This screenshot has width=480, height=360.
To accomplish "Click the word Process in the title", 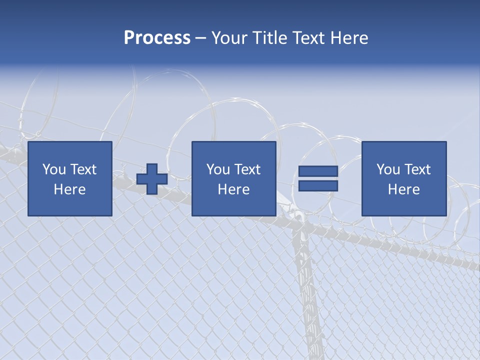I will [157, 38].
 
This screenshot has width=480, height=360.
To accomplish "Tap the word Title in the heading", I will [268, 38].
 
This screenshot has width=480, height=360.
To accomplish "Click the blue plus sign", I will [152, 179].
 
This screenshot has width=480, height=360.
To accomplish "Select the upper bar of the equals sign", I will [318, 171].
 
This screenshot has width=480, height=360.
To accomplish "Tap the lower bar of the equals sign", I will [318, 186].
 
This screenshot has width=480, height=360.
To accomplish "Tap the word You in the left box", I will [54, 169].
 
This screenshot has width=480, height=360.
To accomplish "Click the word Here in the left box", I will [70, 189].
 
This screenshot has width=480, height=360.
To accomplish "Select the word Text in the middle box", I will [247, 169].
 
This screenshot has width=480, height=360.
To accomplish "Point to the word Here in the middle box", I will [233, 189].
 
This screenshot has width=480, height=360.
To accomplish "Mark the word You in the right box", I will [388, 169].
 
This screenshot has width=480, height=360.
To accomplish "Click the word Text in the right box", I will [417, 169].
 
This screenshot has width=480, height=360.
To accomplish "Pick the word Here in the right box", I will [403, 189].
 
